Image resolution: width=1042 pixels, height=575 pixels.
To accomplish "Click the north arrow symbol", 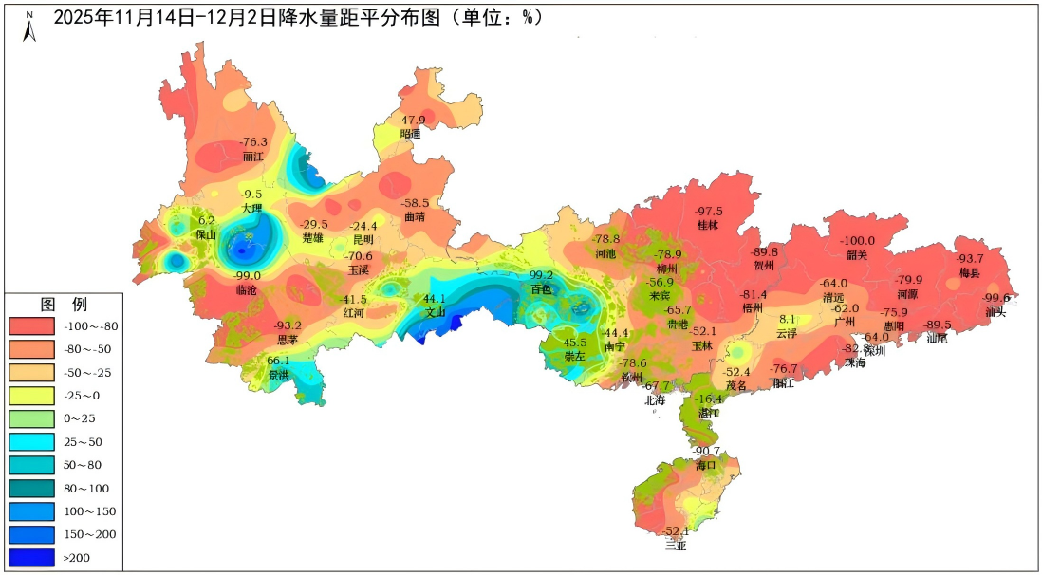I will (29, 28).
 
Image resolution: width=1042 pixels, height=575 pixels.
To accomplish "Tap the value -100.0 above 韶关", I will (858, 241).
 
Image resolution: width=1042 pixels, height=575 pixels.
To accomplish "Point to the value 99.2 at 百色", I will (541, 275).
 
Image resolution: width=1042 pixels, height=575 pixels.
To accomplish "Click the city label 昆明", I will (363, 239).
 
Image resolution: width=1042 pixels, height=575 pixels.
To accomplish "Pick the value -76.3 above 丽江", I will (253, 142).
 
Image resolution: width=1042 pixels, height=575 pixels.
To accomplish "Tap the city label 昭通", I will (410, 134).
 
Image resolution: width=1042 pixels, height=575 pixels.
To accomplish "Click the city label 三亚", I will (676, 546).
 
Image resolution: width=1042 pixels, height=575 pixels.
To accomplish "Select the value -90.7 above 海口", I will (706, 452).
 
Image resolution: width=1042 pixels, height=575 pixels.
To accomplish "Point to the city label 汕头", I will (995, 311).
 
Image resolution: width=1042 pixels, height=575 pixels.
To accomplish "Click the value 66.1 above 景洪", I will (278, 361).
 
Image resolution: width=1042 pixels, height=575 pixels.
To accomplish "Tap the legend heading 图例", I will (64, 305).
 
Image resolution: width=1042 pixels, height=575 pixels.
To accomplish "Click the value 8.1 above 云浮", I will (788, 320).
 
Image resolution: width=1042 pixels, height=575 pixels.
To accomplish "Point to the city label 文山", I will (435, 311).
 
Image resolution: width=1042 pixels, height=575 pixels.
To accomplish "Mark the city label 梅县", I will (969, 272).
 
